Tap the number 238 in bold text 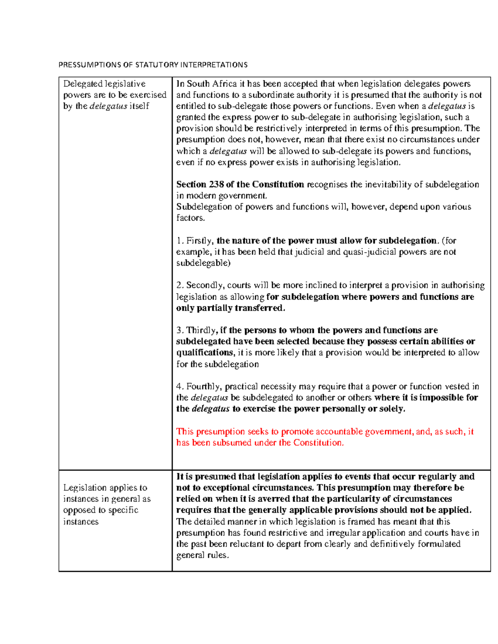point(216,184)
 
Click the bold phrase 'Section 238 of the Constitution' point(240,184)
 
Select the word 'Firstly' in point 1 point(200,241)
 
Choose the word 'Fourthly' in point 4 point(204,386)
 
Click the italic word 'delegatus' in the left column point(108,106)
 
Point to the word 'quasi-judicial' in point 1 point(369,252)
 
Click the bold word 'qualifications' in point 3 point(205,352)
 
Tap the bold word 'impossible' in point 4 point(442,398)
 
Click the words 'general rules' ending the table point(202,555)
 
